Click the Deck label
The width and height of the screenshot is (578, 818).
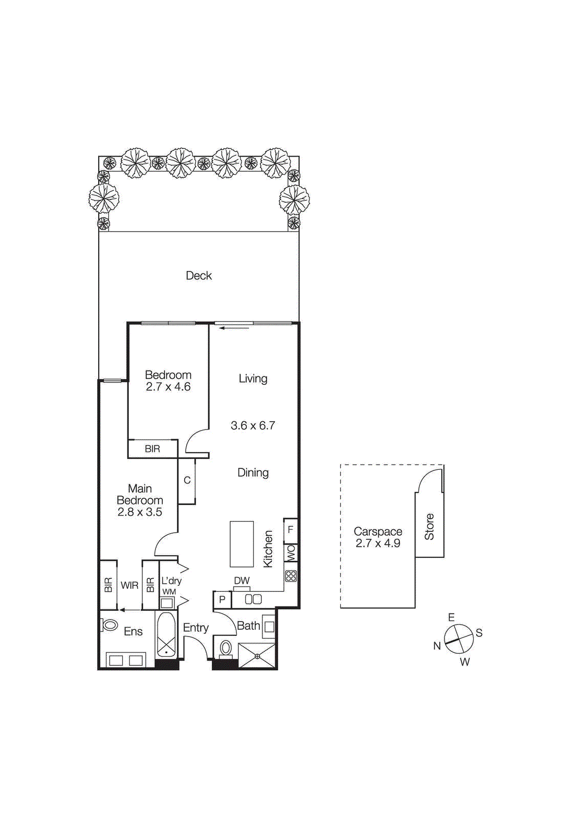click(198, 276)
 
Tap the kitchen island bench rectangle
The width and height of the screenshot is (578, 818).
click(241, 544)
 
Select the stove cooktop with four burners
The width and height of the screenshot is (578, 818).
click(291, 576)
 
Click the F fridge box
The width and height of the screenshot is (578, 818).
click(291, 530)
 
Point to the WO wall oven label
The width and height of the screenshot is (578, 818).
click(291, 552)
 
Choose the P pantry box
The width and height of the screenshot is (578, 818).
click(222, 600)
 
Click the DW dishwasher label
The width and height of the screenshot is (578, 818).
click(241, 581)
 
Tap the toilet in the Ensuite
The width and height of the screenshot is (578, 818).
click(109, 625)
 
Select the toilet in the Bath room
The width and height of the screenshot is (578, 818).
click(226, 649)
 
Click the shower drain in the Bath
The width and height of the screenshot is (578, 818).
click(258, 656)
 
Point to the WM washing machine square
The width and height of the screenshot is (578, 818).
click(167, 602)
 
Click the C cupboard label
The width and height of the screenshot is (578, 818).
click(187, 481)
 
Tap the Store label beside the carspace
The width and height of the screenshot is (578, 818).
click(429, 527)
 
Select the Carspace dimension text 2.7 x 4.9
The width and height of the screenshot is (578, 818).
click(377, 543)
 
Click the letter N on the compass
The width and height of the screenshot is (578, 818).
click(437, 646)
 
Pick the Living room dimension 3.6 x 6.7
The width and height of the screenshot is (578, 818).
click(253, 425)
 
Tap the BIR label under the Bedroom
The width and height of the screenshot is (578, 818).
click(152, 449)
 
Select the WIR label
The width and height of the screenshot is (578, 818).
click(129, 585)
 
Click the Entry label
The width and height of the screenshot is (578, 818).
click(196, 628)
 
